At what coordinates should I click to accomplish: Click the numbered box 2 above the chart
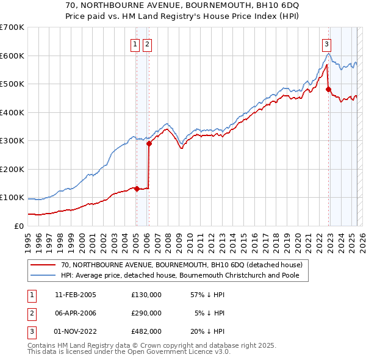coord(148,44)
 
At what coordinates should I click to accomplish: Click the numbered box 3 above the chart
coord(327,44)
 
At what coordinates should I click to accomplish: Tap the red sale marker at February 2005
coord(137,189)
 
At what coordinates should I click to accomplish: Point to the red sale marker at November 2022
coord(328,89)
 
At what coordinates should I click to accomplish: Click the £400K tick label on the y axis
coord(12,112)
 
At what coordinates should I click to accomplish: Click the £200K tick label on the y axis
coord(12,169)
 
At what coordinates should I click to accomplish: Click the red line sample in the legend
coord(42,265)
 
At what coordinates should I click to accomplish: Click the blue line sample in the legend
coord(42,275)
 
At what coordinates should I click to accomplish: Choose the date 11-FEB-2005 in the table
coord(75,295)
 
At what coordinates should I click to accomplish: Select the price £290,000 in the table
coord(146,313)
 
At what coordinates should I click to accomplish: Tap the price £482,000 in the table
coord(146,331)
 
